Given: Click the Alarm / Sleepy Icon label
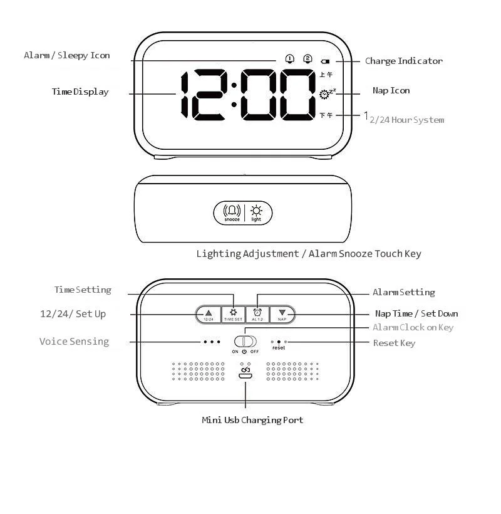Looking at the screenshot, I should click(x=67, y=56).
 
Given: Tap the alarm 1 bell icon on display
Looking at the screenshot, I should click(x=289, y=59).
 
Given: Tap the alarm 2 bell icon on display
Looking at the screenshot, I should click(x=307, y=59).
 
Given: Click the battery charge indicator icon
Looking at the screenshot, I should click(x=325, y=61).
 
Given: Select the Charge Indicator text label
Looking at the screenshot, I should click(x=403, y=61).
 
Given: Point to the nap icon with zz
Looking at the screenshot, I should click(x=326, y=94).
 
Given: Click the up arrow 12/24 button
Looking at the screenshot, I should click(x=209, y=314).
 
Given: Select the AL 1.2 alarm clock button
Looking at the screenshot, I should click(x=257, y=314).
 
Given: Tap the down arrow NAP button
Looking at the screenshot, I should click(x=282, y=314).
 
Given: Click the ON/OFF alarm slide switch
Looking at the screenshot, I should click(x=245, y=342).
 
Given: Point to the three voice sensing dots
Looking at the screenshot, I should click(x=212, y=342).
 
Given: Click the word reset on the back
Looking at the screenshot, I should click(x=279, y=348).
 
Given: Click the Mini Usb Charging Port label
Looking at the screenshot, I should click(x=252, y=420).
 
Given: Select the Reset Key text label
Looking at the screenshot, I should click(x=394, y=344).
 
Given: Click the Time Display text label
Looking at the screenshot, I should click(x=80, y=92).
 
